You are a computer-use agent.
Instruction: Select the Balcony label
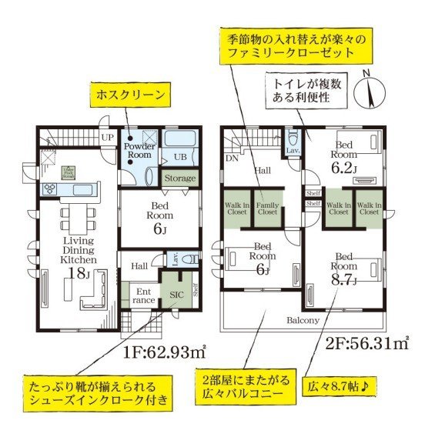click(x=303, y=319)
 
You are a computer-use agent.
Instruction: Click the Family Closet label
click(x=266, y=208)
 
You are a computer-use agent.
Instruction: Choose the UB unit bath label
click(x=179, y=157)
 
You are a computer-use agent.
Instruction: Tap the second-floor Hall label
click(x=263, y=170)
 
